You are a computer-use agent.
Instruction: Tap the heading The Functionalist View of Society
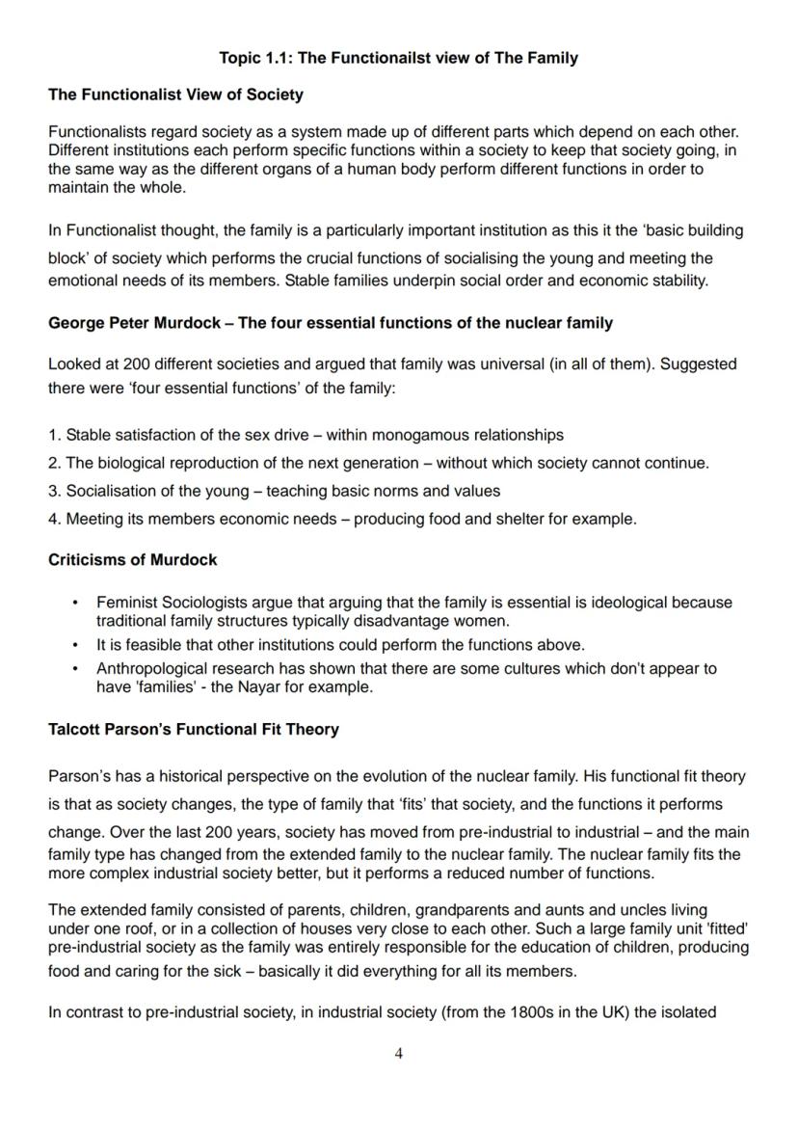(x=175, y=94)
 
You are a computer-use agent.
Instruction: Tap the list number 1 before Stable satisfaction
(x=53, y=435)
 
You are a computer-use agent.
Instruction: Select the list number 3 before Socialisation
(x=53, y=491)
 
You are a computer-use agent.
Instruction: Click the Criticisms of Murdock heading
(x=132, y=560)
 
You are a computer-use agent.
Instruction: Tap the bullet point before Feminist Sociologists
(x=75, y=603)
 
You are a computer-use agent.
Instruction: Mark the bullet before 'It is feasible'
(x=75, y=645)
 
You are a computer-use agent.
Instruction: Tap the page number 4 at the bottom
(x=399, y=1054)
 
